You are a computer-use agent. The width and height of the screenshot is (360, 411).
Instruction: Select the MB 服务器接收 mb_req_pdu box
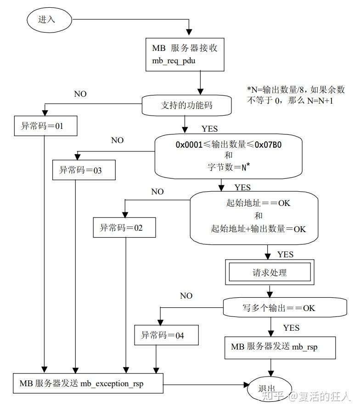tap(185, 54)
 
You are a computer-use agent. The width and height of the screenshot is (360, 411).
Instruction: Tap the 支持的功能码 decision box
tap(186, 105)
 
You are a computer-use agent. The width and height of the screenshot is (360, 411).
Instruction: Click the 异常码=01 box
tap(45, 126)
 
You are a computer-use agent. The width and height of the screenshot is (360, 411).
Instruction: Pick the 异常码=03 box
tap(84, 170)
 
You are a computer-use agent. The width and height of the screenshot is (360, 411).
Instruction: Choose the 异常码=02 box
tap(124, 227)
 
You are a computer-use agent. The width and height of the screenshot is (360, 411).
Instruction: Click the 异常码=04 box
tap(167, 335)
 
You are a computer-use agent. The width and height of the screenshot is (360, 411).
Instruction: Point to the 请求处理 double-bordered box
tap(270, 272)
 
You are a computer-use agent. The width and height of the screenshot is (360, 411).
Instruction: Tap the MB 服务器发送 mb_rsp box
tap(274, 347)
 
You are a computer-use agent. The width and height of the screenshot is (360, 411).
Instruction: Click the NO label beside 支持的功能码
tap(80, 94)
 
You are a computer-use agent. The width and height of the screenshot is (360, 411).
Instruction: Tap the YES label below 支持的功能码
tap(209, 129)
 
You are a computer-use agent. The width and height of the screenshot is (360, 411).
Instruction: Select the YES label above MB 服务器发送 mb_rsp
tap(291, 328)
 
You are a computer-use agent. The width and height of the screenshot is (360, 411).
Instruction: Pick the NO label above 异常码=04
tap(186, 296)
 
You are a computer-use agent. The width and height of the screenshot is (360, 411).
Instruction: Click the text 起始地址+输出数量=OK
tap(259, 229)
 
